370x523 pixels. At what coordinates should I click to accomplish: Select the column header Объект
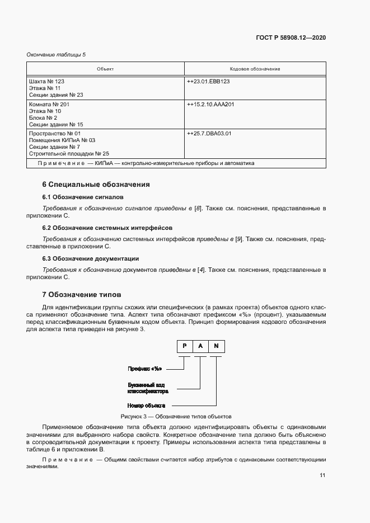click(105, 69)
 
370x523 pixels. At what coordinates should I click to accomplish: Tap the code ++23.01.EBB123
click(208, 82)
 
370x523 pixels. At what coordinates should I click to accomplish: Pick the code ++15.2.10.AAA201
click(211, 105)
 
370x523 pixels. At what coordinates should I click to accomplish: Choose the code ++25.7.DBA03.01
click(209, 134)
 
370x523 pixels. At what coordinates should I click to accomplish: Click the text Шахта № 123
click(46, 82)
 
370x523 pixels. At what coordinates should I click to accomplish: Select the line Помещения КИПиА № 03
click(62, 140)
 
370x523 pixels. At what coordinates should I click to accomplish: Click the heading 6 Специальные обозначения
click(96, 184)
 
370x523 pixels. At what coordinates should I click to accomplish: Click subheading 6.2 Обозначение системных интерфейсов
click(107, 228)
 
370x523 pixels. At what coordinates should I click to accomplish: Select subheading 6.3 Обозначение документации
click(91, 258)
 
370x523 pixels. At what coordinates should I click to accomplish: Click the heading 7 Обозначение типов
click(82, 294)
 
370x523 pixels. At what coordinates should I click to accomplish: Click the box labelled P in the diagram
click(184, 346)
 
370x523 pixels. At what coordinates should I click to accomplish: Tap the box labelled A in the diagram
click(200, 346)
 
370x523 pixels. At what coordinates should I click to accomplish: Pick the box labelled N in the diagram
click(216, 346)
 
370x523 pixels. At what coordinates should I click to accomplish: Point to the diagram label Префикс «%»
click(145, 369)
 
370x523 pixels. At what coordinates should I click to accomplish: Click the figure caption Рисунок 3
click(176, 417)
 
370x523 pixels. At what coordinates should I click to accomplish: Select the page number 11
click(322, 475)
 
